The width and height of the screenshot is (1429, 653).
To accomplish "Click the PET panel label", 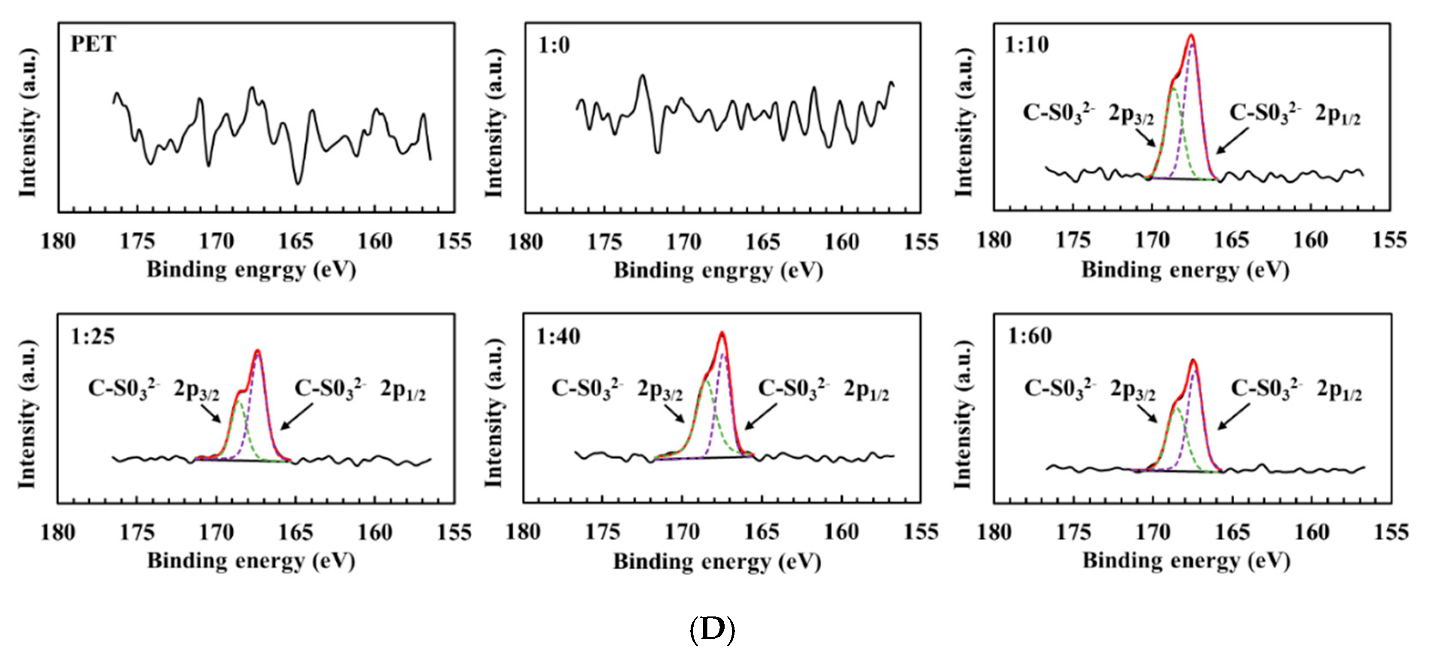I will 92,44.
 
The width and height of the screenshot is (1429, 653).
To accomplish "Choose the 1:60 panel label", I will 1029,336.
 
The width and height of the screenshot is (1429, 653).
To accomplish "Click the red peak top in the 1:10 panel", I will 1190,37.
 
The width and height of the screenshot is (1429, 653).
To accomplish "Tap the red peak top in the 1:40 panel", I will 722,334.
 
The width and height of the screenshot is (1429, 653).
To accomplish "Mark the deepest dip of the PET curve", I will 298,183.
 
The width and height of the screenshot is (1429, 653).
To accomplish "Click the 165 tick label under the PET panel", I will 296,242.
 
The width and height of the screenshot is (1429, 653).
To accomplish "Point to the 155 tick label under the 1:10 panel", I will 1389,240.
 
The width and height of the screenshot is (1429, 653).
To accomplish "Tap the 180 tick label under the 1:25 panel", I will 58,533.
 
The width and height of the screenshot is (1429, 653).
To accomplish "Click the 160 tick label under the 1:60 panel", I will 1312,532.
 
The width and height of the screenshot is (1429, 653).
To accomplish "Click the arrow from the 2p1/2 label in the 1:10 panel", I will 1232,140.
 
